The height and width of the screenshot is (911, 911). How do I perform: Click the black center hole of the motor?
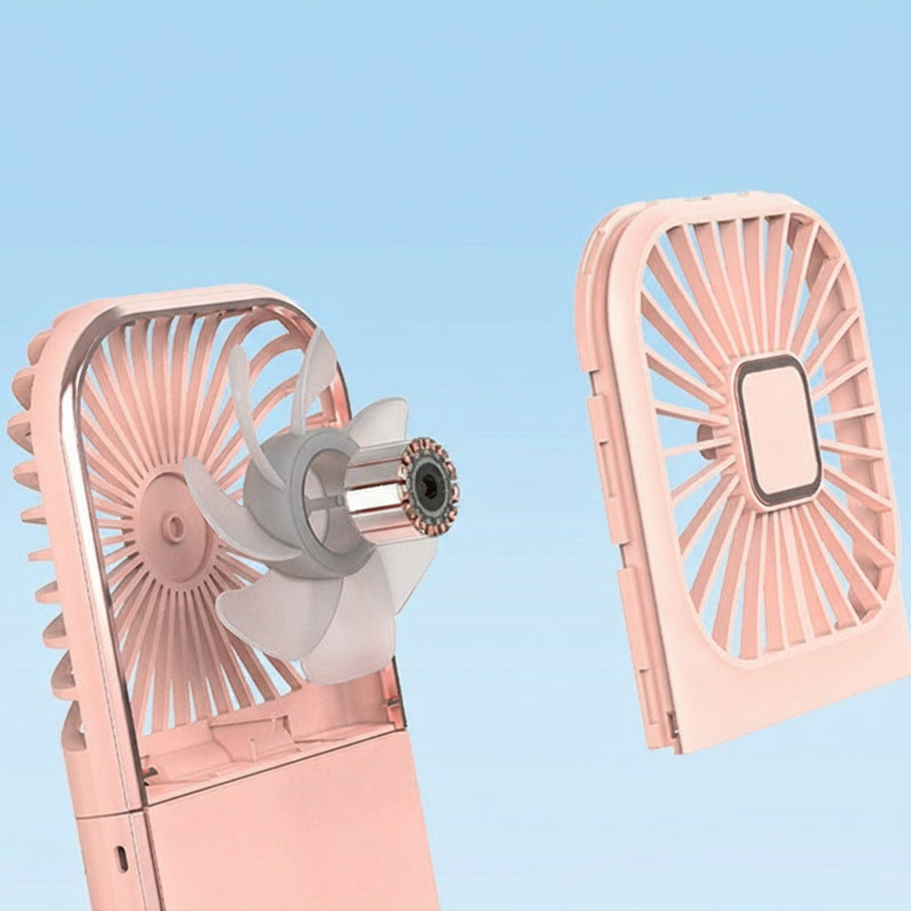click(x=431, y=486)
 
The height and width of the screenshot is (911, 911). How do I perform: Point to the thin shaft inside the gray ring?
click(x=325, y=502)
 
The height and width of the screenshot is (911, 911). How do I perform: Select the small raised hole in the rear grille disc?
click(x=174, y=527)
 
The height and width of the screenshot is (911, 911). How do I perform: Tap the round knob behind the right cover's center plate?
click(x=707, y=440)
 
